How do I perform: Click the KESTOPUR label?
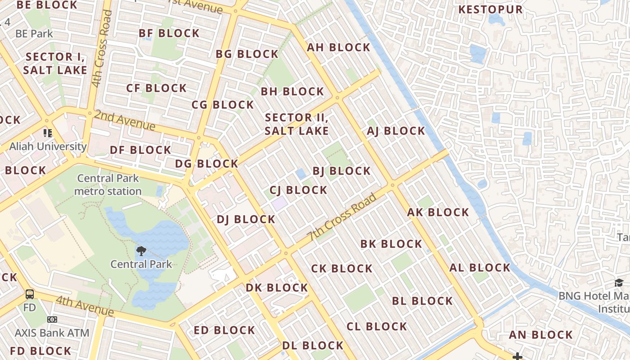490,9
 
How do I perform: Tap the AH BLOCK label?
338,47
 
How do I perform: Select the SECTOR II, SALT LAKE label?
297,124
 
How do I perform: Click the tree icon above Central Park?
141,251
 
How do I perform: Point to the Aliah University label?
48,146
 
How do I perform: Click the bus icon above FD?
30,295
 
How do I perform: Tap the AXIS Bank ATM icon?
52,319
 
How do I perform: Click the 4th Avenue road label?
85,306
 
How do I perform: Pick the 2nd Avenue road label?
125,120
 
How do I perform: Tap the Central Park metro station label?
108,184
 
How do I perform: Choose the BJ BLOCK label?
342,171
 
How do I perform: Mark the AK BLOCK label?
438,212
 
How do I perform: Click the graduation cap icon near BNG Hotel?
619,283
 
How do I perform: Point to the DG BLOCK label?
207,164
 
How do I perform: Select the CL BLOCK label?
377,326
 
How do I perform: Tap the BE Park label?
34,34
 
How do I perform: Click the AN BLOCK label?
540,335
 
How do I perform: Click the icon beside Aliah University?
48,133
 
